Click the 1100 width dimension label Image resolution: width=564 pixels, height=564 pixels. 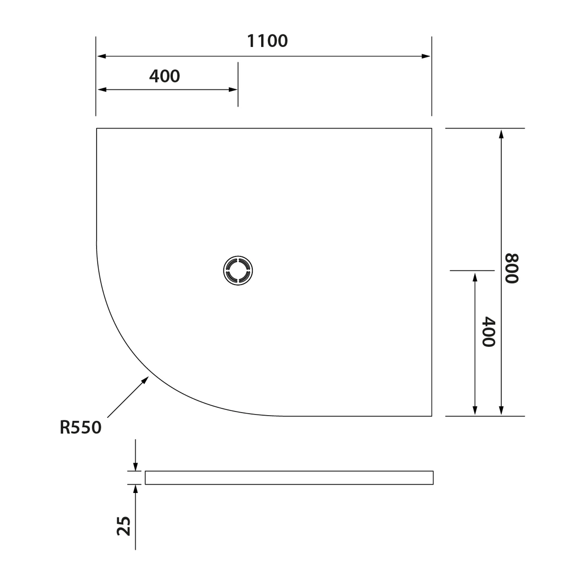pyautogui.click(x=267, y=41)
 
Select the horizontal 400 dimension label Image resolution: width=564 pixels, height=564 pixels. pyautogui.click(x=164, y=76)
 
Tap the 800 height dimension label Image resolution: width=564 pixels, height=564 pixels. pyautogui.click(x=512, y=268)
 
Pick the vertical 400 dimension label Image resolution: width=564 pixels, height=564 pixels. pyautogui.click(x=488, y=332)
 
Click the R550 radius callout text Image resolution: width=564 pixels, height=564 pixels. pyautogui.click(x=80, y=427)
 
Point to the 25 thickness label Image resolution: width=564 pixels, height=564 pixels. pyautogui.click(x=124, y=526)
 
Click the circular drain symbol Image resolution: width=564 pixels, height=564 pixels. pyautogui.click(x=238, y=271)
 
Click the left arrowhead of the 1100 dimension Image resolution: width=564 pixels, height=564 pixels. pyautogui.click(x=101, y=56)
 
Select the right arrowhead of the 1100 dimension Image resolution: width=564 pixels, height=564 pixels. pyautogui.click(x=426, y=56)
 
